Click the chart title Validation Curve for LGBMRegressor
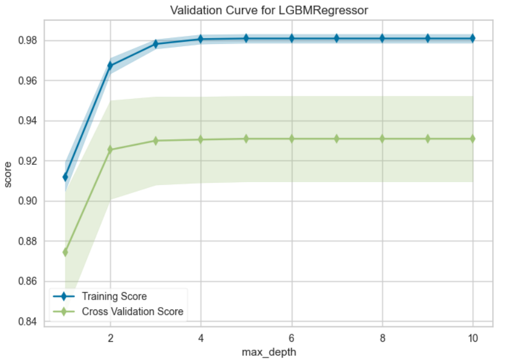269,10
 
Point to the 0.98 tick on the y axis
27,40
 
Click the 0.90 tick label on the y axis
27,201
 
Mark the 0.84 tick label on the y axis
27,322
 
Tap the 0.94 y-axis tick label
27,121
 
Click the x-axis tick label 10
473,338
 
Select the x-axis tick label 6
292,338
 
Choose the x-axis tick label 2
110,338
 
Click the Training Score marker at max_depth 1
65,177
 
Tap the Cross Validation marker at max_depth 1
65,252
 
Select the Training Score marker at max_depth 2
110,65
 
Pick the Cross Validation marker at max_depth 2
110,150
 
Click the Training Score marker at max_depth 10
473,38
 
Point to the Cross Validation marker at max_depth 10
473,139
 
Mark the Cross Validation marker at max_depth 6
292,139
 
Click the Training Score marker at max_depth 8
382,38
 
